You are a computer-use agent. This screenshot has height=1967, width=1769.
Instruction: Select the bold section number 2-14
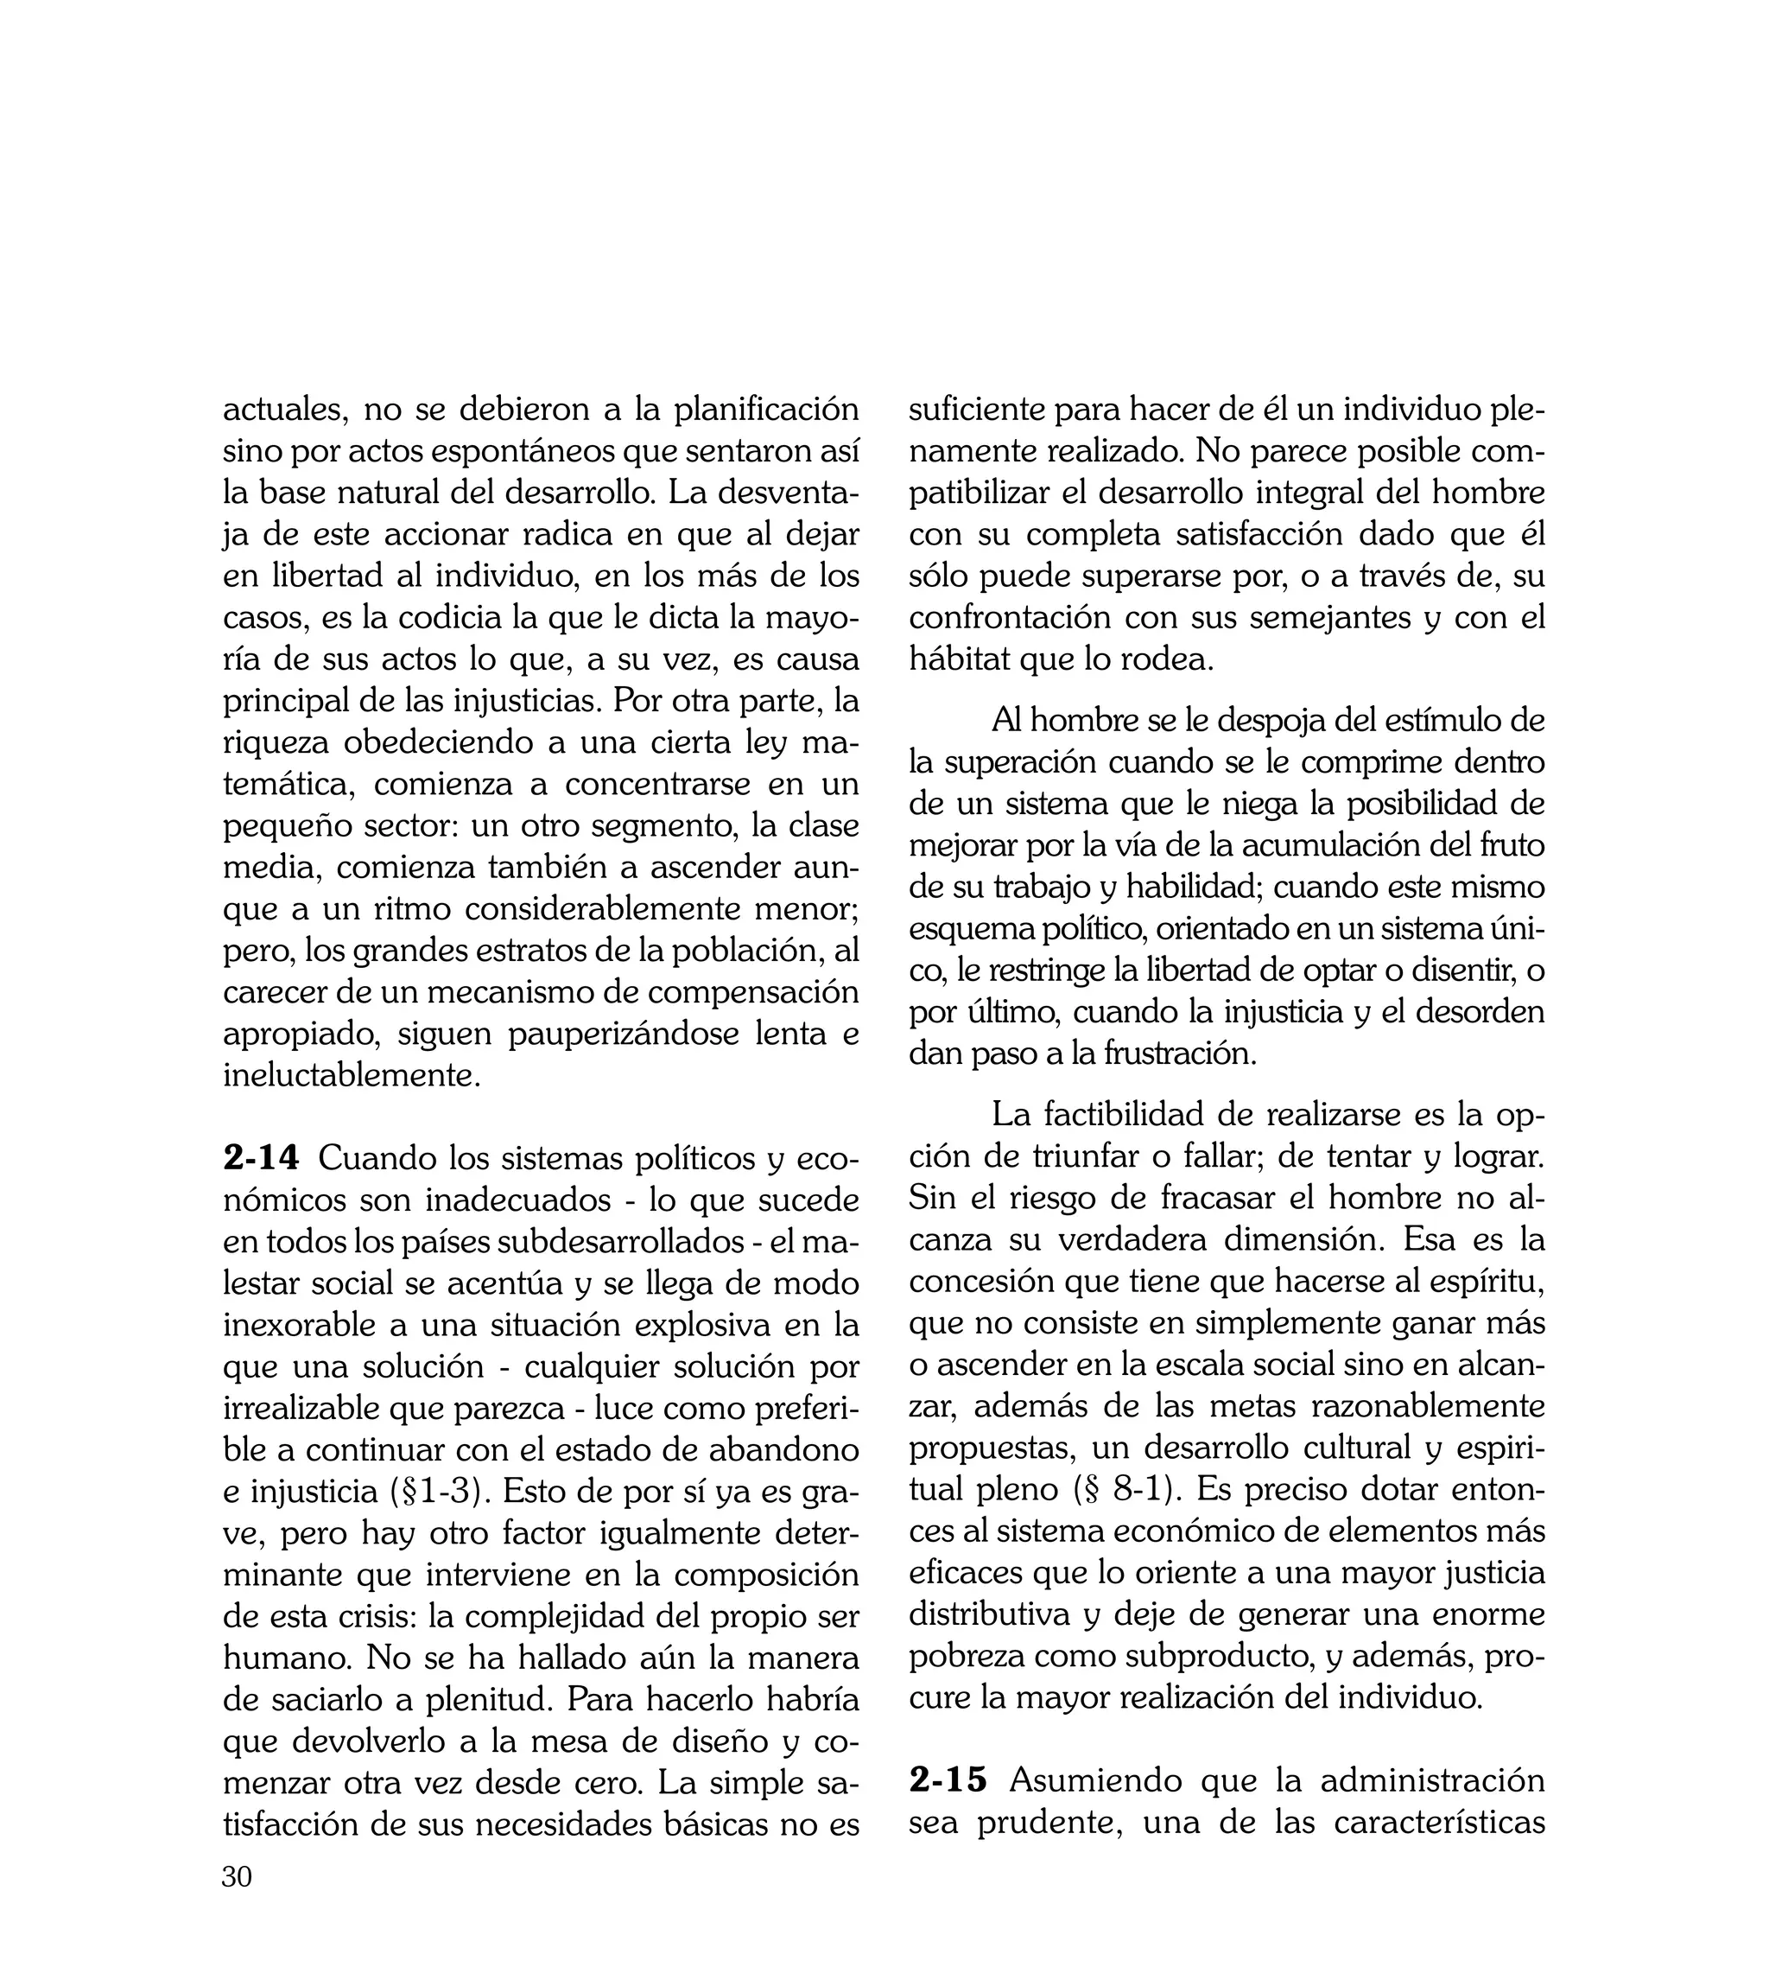point(261,1159)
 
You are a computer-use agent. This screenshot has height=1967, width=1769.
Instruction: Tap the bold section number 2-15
point(948,1780)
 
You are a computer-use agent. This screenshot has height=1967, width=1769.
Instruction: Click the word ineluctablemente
point(352,1075)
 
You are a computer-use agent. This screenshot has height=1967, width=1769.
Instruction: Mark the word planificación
point(766,411)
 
